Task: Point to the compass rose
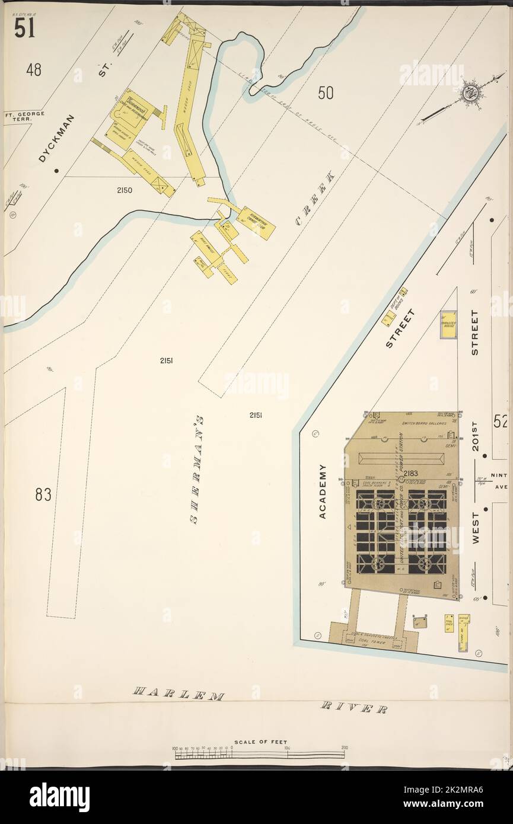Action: (472, 91)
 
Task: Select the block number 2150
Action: (125, 190)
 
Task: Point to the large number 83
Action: (43, 494)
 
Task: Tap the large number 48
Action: (34, 70)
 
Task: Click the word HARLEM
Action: (178, 694)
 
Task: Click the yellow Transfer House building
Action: (448, 325)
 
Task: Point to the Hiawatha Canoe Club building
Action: (256, 222)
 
